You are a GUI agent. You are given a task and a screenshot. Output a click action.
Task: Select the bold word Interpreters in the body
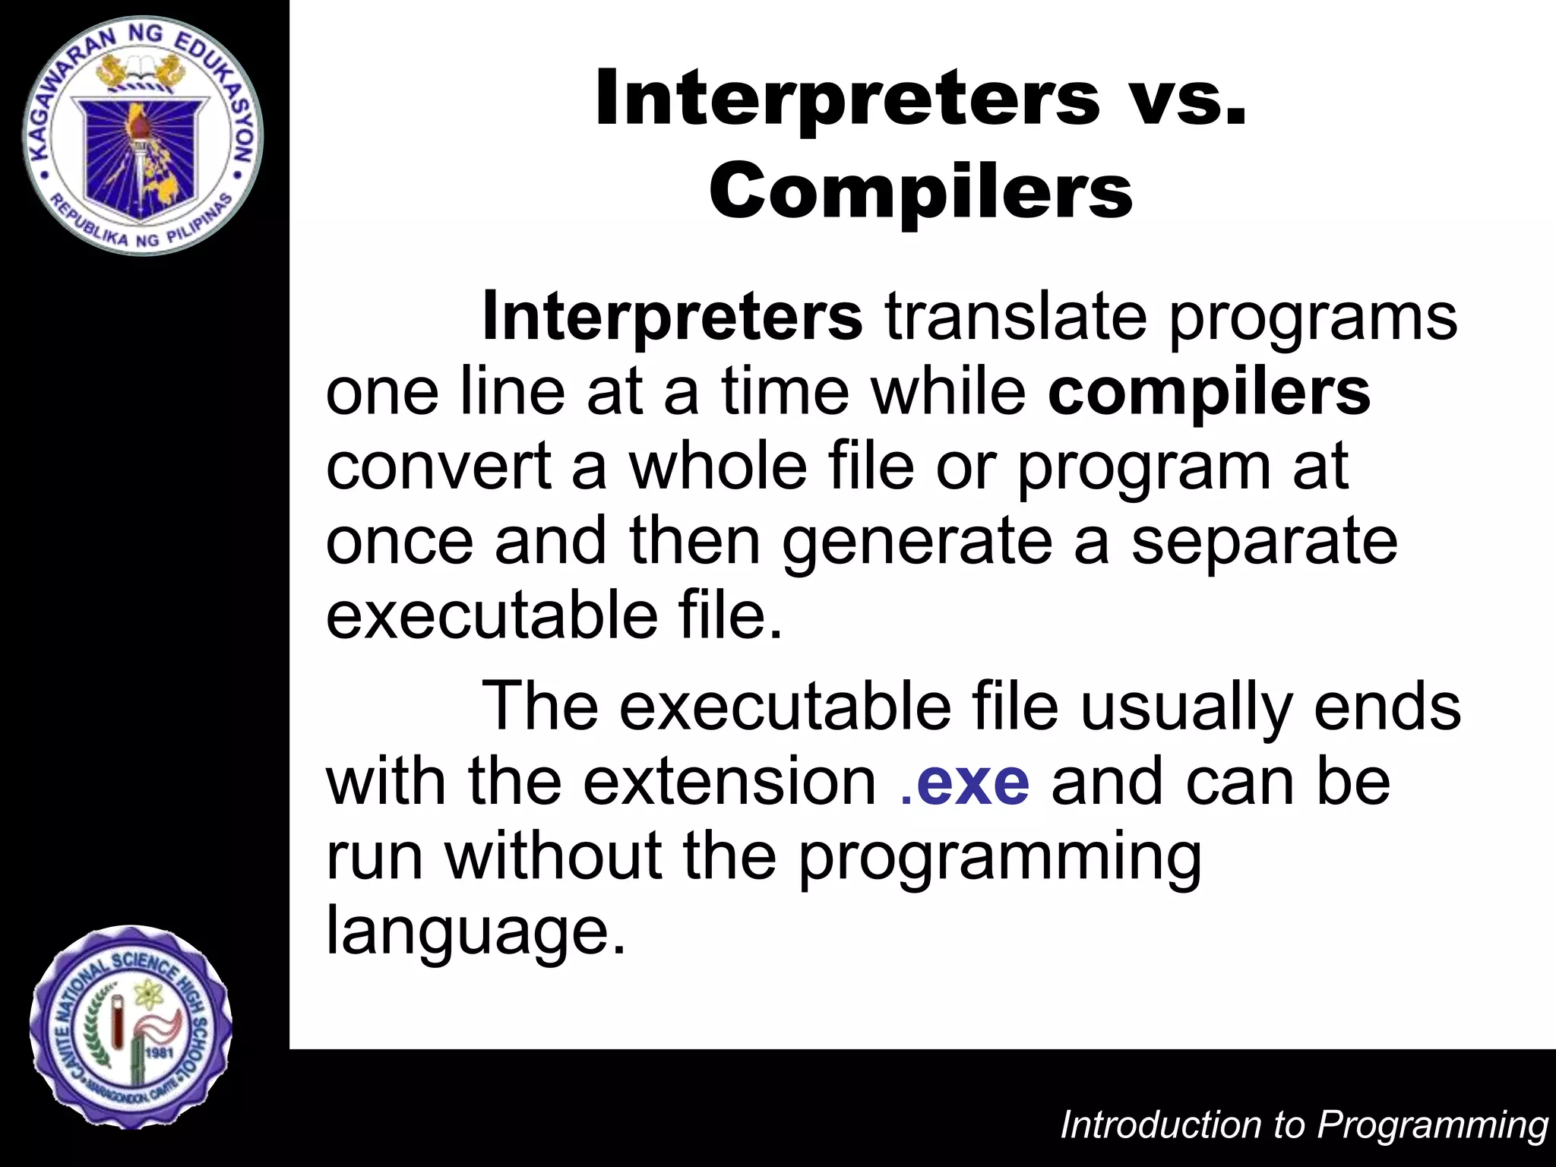672,316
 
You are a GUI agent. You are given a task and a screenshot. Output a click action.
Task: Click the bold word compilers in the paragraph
1209,393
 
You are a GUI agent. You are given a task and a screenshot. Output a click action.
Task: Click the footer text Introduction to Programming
1304,1125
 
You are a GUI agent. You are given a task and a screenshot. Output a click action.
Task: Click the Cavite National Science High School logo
131,1027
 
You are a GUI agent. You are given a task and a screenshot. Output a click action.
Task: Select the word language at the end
476,932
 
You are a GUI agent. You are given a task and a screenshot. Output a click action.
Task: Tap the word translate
1015,316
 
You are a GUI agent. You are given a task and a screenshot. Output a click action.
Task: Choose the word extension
729,783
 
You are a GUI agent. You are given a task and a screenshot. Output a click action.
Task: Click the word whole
717,466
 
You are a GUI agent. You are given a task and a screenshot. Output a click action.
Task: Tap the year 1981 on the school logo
160,1052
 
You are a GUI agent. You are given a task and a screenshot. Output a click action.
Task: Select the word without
553,857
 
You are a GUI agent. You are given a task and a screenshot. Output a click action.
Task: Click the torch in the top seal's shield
140,144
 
